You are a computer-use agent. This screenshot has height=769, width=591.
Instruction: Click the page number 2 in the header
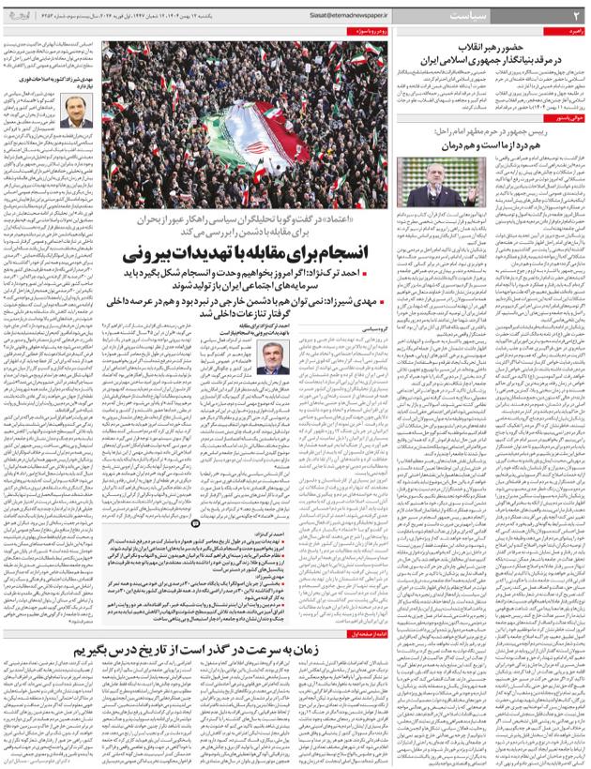[576, 17]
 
